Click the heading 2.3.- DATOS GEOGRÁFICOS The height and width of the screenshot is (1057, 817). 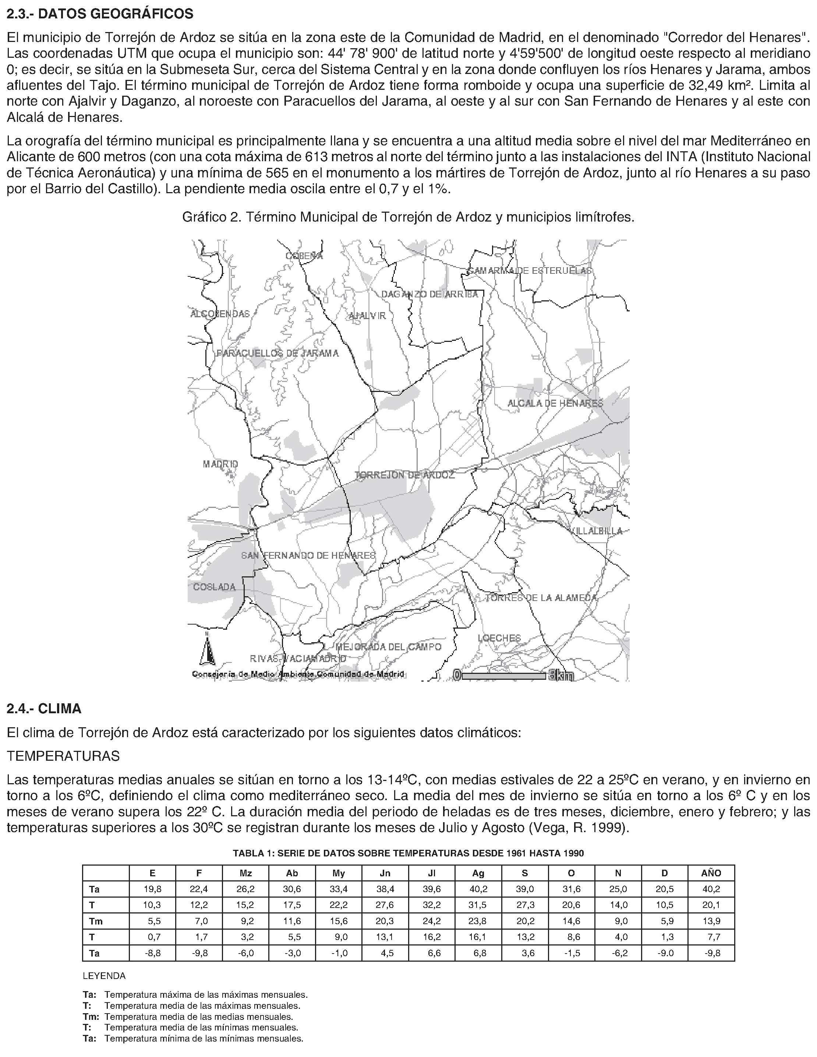[x=100, y=14]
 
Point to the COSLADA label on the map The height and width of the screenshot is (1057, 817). [x=215, y=587]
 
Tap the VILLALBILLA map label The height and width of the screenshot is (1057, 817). [x=597, y=531]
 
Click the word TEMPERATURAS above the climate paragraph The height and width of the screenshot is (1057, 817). [x=63, y=756]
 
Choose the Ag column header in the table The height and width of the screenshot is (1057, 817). [x=478, y=873]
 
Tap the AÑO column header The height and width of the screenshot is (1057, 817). [x=711, y=873]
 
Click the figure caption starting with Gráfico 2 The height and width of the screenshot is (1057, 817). [x=408, y=217]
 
